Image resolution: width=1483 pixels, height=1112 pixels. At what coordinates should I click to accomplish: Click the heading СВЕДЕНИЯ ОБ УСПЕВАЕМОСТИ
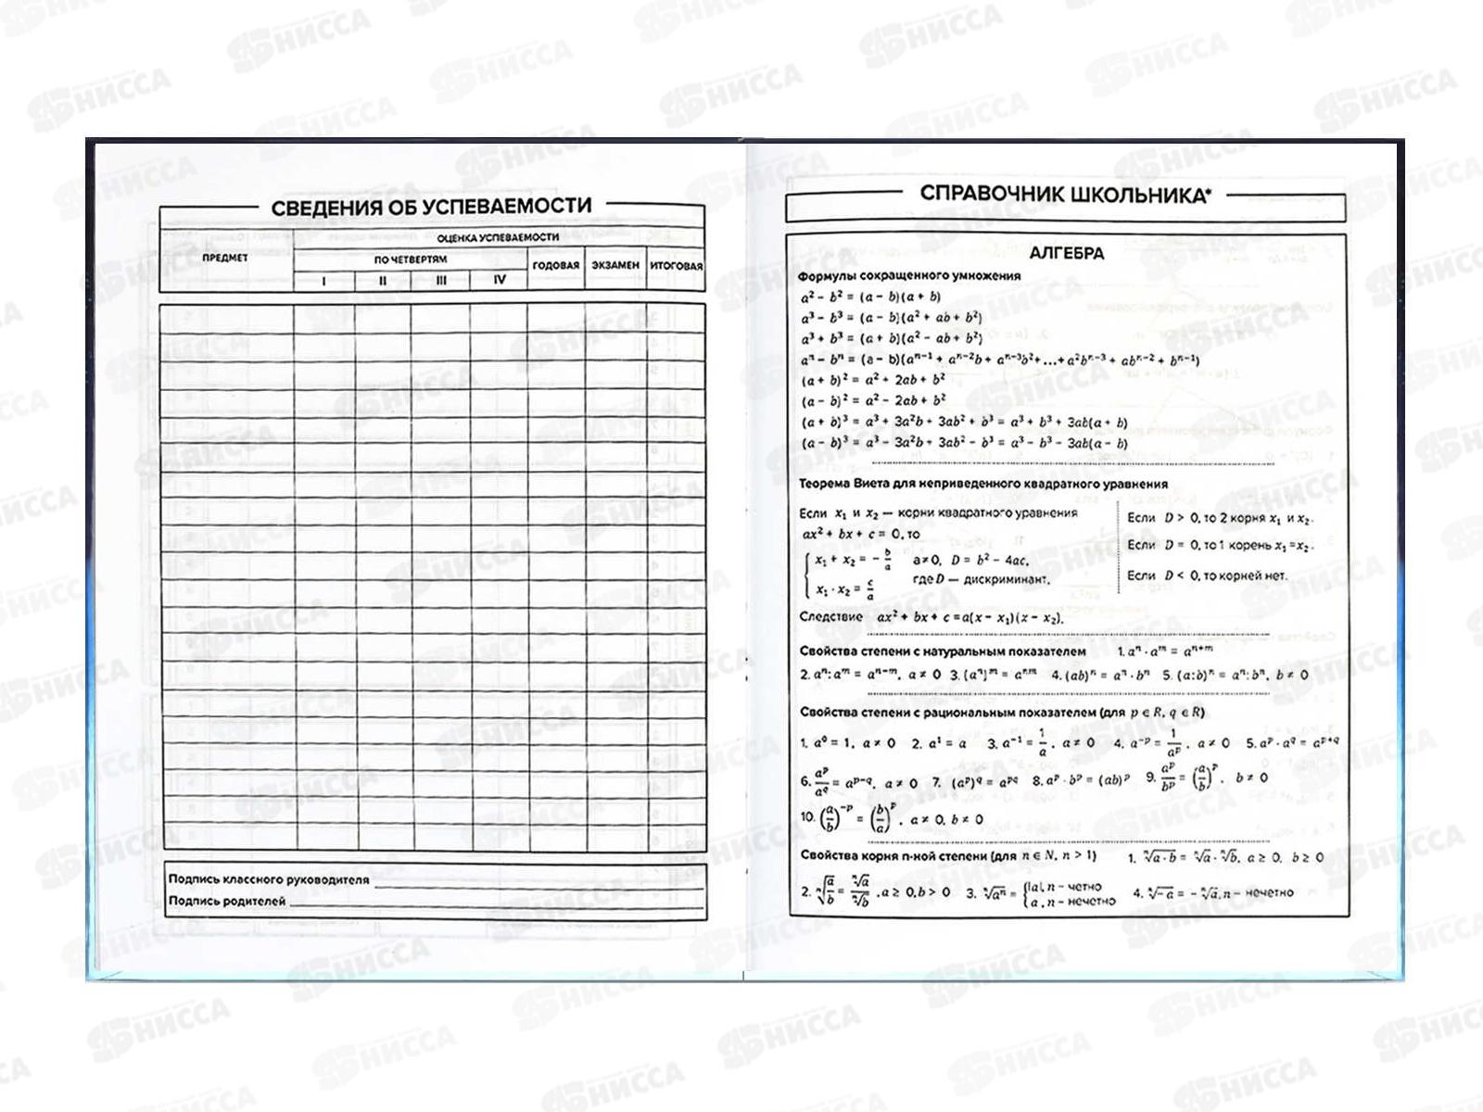(x=431, y=206)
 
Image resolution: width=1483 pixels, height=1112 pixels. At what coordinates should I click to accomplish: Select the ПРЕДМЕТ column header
(x=225, y=258)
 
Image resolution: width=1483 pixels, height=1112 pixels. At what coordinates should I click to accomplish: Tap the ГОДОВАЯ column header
(x=556, y=265)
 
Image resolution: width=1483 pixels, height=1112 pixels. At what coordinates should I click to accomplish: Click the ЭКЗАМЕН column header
(x=615, y=265)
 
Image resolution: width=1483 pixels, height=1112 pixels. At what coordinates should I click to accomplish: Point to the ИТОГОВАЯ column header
(x=676, y=265)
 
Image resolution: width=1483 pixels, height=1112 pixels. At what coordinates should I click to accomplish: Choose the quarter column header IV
(x=500, y=280)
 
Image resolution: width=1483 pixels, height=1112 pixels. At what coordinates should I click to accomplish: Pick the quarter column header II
(x=382, y=280)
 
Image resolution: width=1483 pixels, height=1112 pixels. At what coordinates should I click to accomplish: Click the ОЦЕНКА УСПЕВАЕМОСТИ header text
(x=498, y=237)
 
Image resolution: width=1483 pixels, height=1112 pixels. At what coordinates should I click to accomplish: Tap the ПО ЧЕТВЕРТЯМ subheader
(x=411, y=259)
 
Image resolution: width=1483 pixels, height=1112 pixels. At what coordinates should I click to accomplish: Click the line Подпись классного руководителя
(x=269, y=879)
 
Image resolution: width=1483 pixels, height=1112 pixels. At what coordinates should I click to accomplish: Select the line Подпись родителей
(x=227, y=901)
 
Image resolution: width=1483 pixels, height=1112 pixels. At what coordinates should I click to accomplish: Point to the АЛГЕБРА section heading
(x=1066, y=253)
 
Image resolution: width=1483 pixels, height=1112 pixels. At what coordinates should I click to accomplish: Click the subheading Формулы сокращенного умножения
(x=908, y=275)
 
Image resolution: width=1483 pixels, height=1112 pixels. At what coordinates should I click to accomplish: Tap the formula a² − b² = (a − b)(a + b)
(x=870, y=297)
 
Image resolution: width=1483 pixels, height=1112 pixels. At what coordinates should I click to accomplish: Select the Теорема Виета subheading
(x=982, y=484)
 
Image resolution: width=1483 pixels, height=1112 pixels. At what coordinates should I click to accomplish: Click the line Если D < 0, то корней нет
(x=1207, y=575)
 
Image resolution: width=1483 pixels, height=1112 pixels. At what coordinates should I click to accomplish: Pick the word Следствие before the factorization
(x=830, y=616)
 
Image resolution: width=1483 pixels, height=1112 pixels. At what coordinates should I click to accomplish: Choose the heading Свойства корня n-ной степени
(x=947, y=856)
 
